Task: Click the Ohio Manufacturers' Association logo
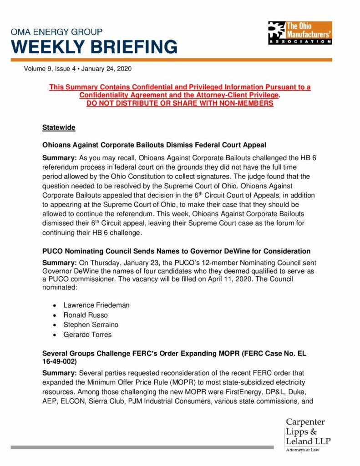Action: click(x=300, y=33)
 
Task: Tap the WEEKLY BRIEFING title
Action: click(x=94, y=47)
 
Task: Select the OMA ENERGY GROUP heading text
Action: click(x=57, y=32)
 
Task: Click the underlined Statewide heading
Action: click(x=59, y=128)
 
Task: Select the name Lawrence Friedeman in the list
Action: click(x=96, y=305)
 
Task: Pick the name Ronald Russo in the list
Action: click(x=85, y=315)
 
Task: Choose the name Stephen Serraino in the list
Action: click(x=91, y=325)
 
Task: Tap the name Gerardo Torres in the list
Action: click(x=87, y=334)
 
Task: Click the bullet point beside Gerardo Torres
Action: click(x=55, y=335)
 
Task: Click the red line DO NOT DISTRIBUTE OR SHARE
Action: click(x=180, y=103)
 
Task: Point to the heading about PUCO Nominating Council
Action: click(x=176, y=251)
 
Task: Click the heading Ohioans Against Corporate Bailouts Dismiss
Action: click(x=154, y=145)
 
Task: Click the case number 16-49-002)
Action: click(x=59, y=362)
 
